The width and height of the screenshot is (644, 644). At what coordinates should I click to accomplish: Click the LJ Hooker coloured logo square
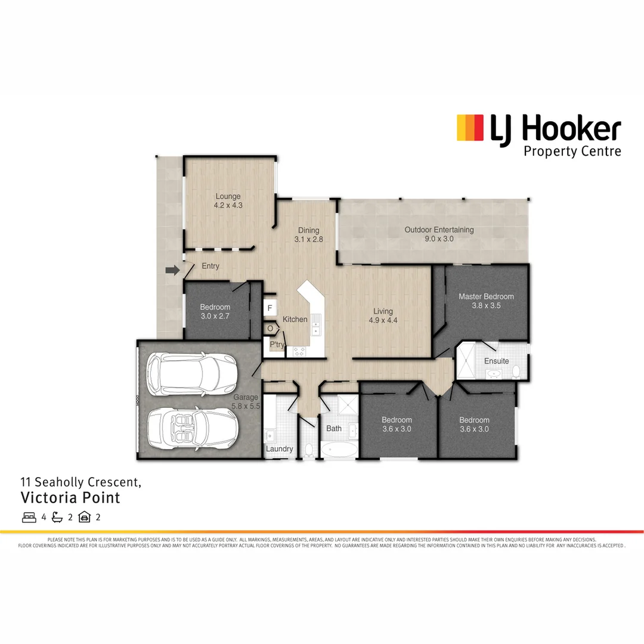[469, 128]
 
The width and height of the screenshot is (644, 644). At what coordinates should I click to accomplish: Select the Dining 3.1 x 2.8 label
[308, 234]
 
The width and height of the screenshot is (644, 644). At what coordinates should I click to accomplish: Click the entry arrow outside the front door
[172, 271]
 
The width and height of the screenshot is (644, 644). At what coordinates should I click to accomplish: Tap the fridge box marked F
[270, 308]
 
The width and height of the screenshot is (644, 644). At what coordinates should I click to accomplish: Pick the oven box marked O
[270, 329]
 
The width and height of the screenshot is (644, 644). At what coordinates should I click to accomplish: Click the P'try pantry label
[277, 345]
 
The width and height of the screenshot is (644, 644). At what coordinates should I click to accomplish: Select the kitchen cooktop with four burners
[297, 351]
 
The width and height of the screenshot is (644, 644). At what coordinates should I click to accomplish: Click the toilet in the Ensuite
[516, 372]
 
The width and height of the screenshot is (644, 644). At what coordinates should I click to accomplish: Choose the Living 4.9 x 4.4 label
[383, 315]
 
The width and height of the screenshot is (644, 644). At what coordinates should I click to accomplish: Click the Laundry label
[279, 449]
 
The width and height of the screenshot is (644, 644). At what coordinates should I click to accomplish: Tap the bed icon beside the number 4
[29, 517]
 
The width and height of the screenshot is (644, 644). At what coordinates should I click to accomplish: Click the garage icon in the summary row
[84, 517]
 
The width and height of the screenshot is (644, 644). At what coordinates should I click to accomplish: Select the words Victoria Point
[70, 497]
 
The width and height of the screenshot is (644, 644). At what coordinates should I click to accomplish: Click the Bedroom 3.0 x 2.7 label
[214, 311]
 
